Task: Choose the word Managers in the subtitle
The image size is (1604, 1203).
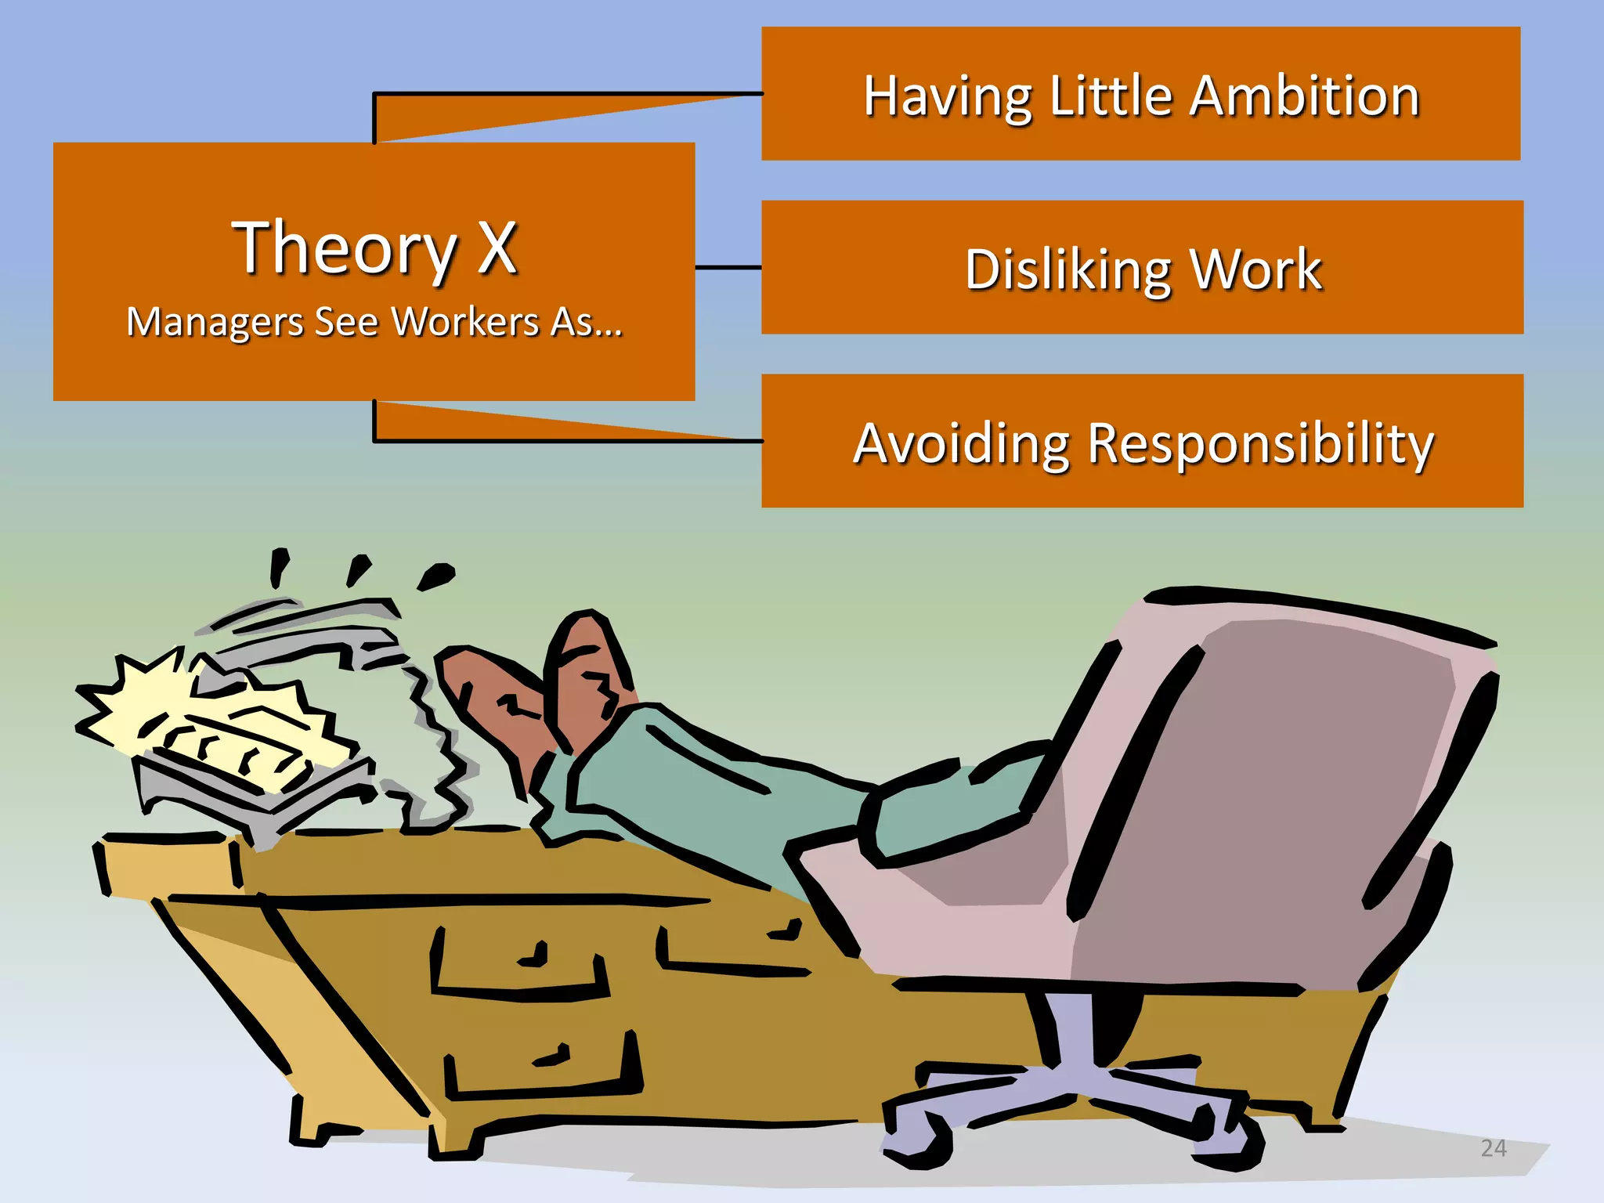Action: click(x=215, y=322)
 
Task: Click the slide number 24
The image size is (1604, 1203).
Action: click(x=1494, y=1148)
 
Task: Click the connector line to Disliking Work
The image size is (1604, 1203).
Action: click(x=728, y=267)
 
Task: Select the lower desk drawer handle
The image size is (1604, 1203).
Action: click(x=553, y=1057)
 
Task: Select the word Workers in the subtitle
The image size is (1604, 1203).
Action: click(x=465, y=322)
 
